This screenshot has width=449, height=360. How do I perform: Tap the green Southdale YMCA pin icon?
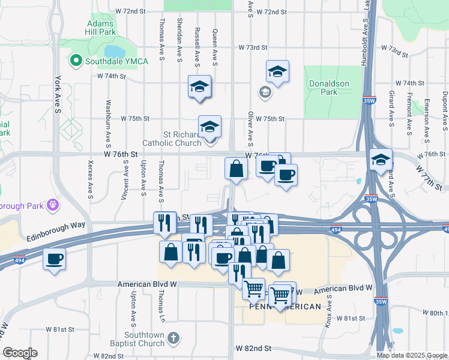(76, 60)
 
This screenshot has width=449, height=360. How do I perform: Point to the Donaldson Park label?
(330, 88)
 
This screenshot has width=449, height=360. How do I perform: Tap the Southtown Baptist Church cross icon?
(173, 338)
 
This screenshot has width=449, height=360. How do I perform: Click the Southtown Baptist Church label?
(144, 339)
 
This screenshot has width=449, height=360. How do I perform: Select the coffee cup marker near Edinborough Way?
(55, 259)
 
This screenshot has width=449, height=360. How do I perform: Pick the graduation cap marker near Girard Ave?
(381, 160)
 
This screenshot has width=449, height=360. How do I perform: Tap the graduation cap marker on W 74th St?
(199, 86)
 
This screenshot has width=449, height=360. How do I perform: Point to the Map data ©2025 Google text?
(412, 355)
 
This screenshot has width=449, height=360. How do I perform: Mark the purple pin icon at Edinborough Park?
(53, 205)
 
